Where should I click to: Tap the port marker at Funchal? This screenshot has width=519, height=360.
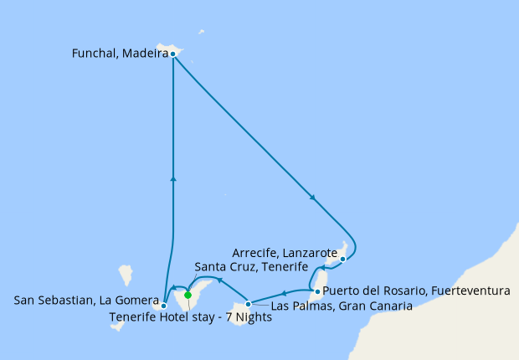(172, 54)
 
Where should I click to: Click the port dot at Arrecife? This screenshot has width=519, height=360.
(343, 260)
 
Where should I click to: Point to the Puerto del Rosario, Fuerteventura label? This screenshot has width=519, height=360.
(416, 291)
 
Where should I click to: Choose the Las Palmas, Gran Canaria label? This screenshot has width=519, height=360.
(342, 306)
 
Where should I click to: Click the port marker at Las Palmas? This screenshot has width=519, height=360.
(248, 304)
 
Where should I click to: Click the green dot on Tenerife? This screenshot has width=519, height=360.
(188, 295)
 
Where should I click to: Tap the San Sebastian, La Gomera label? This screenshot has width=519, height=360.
(87, 299)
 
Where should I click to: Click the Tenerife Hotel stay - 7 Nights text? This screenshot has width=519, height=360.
(191, 318)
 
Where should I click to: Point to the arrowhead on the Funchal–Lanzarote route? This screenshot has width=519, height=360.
(313, 198)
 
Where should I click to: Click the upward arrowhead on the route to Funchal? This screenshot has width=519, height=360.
(172, 177)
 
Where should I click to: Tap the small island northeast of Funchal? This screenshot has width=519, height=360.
(202, 33)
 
